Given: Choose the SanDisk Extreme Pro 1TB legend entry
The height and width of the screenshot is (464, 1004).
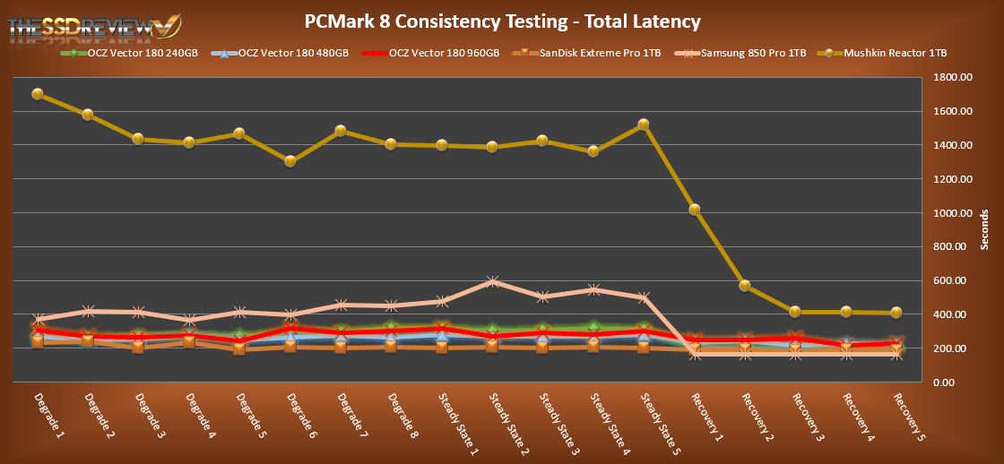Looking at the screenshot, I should pyautogui.click(x=588, y=54).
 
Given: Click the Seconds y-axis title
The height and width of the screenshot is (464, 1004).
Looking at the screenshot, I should pyautogui.click(x=983, y=230).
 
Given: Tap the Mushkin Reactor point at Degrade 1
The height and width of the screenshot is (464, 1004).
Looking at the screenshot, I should pyautogui.click(x=38, y=94).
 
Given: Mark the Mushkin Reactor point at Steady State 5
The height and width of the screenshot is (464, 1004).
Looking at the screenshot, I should pyautogui.click(x=643, y=125).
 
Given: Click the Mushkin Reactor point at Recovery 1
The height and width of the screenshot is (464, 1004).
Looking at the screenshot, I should pyautogui.click(x=694, y=210).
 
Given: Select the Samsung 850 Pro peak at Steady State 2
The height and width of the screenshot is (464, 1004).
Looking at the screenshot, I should pyautogui.click(x=491, y=282).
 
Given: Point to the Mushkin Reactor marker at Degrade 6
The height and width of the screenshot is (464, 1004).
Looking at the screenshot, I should pyautogui.click(x=290, y=161).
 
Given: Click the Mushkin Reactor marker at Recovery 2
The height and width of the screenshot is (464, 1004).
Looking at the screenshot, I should pyautogui.click(x=744, y=286).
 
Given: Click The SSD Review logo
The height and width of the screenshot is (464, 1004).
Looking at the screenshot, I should pyautogui.click(x=90, y=27).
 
